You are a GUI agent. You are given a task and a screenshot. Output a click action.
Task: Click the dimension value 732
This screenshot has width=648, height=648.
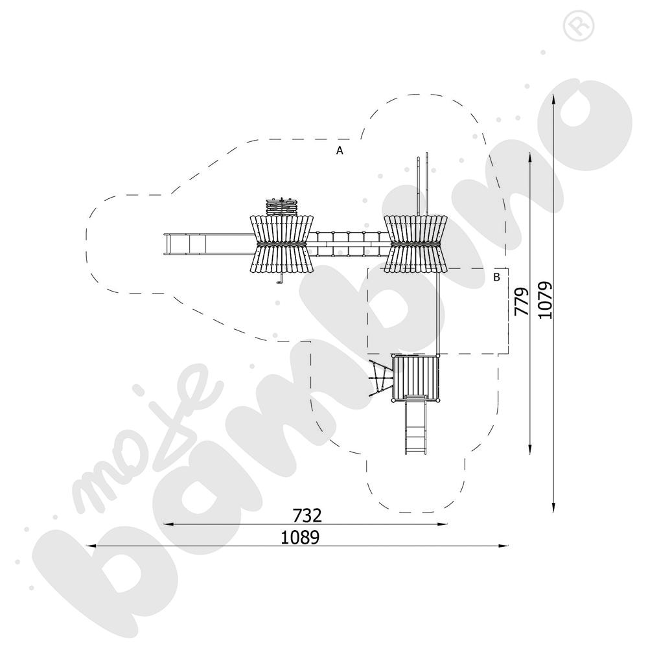pos(307,515)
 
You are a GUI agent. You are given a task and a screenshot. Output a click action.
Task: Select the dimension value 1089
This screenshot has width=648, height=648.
pos(300,537)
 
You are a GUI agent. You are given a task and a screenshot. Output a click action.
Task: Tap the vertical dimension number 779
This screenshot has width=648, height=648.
pos(522,301)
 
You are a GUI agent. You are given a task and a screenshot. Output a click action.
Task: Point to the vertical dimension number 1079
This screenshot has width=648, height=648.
pos(545,299)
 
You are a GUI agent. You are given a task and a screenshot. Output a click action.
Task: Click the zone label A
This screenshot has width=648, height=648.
pos(340,151)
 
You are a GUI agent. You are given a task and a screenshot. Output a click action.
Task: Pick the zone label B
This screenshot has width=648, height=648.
pos(496,277)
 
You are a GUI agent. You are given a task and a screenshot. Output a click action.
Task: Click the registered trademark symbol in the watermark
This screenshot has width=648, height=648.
pos(578,25)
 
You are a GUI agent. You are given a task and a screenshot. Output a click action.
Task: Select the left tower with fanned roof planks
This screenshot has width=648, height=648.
pos(281,244)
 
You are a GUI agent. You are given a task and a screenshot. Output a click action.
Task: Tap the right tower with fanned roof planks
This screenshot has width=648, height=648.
pos(415,244)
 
